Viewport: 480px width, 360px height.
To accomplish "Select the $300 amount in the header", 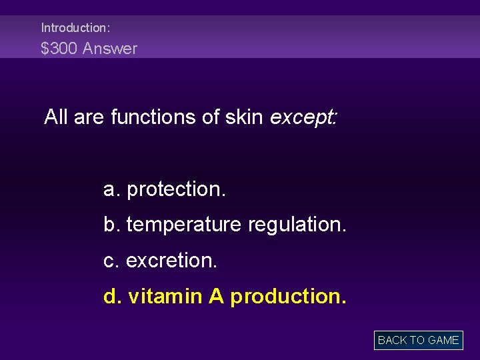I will click(x=59, y=49).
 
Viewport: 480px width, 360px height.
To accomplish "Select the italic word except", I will click(x=304, y=118).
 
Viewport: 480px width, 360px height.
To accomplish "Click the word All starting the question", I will click(x=57, y=117).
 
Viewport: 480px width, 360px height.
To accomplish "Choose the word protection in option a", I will click(x=177, y=189).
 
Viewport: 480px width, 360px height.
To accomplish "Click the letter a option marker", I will click(x=111, y=189).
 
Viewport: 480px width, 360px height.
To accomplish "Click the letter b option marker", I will click(x=111, y=225).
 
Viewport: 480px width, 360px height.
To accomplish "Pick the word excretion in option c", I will click(x=171, y=261).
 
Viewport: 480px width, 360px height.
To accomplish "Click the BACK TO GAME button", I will click(x=418, y=340).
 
